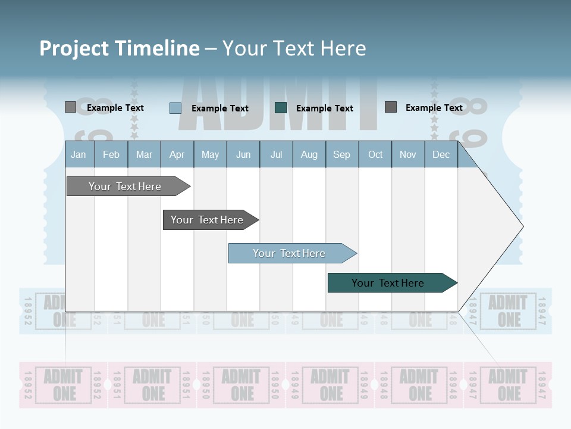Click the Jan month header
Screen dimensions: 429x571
(79, 154)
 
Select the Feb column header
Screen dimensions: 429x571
(111, 154)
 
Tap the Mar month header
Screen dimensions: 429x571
(144, 154)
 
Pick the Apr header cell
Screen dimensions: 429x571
(177, 154)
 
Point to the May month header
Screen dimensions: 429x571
(210, 154)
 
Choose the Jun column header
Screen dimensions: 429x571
(243, 154)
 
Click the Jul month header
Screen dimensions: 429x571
(276, 154)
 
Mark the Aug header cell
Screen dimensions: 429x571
(309, 154)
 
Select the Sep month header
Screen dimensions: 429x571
(342, 154)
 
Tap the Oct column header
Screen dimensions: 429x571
(375, 154)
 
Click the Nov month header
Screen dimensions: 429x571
(408, 154)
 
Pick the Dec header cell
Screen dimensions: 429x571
(441, 154)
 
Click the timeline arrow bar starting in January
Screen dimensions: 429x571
(125, 186)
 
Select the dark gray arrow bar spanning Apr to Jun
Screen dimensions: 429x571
(208, 220)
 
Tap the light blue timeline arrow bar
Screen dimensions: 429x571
(290, 253)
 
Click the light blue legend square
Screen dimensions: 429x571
(175, 108)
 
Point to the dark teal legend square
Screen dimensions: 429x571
(281, 107)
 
